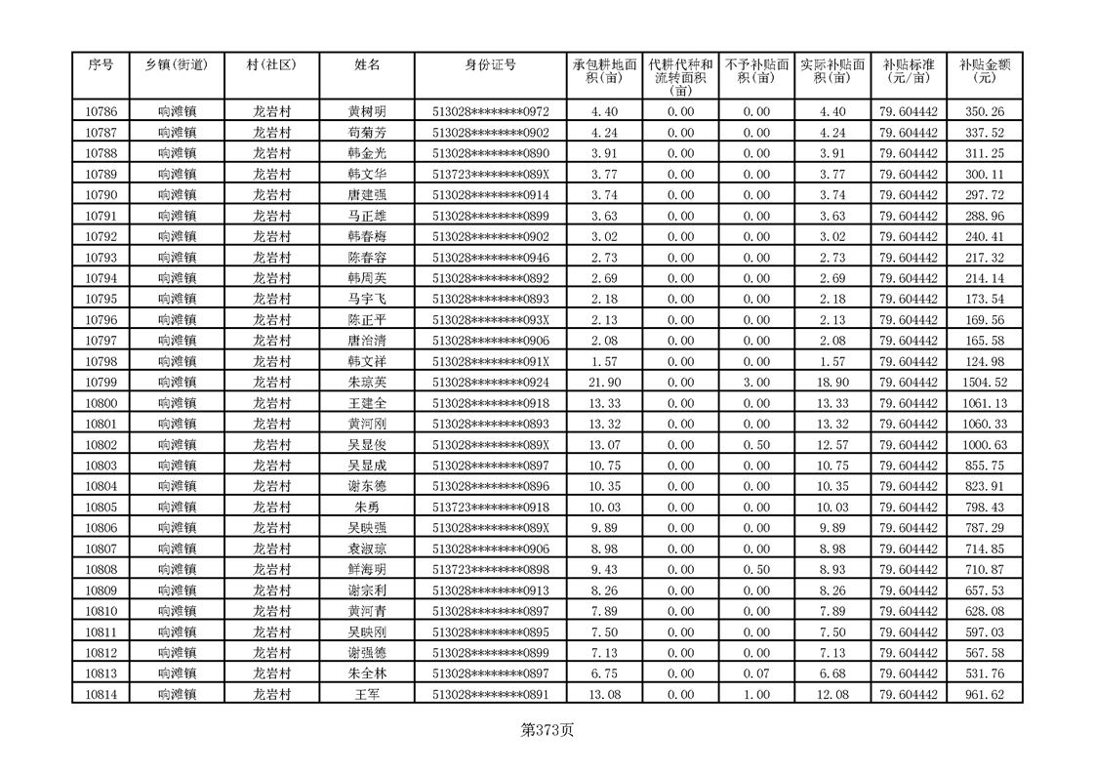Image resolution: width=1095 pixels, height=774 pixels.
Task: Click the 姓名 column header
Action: [x=367, y=65]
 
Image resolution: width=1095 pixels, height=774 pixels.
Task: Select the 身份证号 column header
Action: [x=490, y=65]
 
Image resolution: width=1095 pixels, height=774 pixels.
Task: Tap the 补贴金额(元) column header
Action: [x=984, y=71]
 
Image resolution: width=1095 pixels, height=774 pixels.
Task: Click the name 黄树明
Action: [x=367, y=111]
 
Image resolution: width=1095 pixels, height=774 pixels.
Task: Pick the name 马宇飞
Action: [x=367, y=299]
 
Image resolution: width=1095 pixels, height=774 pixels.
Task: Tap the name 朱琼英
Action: [x=367, y=382]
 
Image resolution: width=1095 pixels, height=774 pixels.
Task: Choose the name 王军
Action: [x=367, y=694]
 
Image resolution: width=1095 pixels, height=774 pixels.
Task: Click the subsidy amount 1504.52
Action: [x=984, y=382]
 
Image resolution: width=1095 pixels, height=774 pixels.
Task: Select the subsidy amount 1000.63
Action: [x=984, y=444]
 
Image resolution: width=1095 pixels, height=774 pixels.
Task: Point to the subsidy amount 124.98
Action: [x=984, y=361]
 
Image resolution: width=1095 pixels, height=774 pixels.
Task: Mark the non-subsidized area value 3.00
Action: [x=756, y=382]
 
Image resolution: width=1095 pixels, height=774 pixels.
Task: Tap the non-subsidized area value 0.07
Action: [x=756, y=673]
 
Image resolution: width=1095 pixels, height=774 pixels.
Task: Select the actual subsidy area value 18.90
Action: [x=831, y=382]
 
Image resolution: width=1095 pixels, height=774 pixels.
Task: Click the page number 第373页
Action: [x=547, y=730]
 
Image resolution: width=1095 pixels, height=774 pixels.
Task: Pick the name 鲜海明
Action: [x=367, y=569]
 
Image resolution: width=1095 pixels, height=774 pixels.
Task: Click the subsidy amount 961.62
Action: [x=984, y=694]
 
